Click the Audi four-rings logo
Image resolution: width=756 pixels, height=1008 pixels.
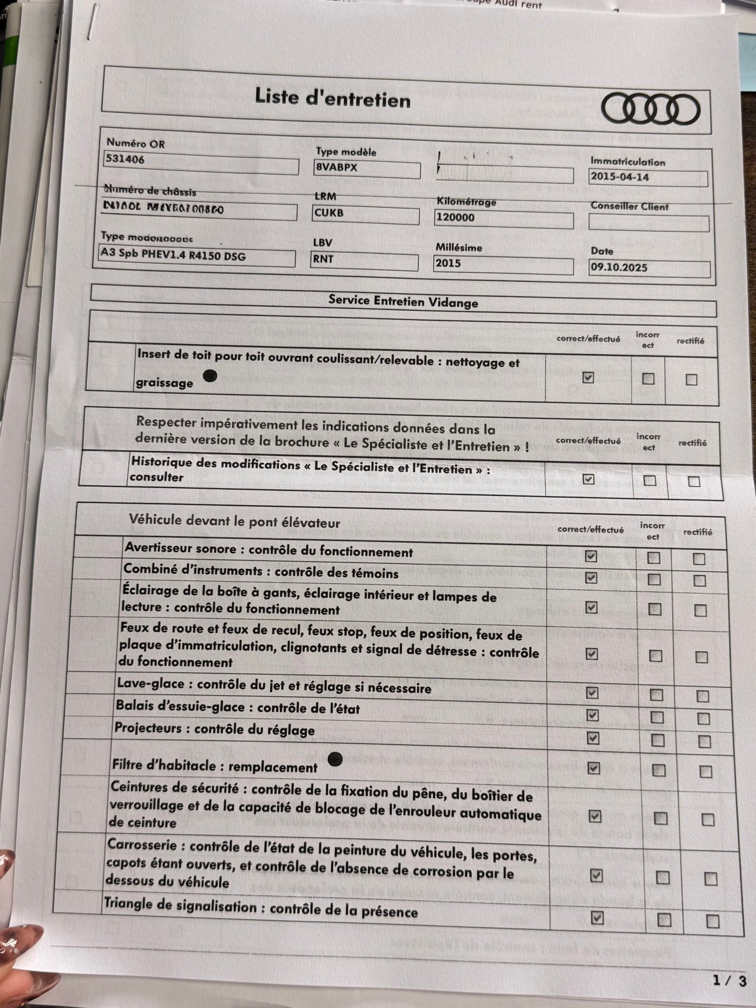tap(650, 110)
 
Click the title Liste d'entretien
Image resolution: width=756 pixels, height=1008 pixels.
tap(333, 98)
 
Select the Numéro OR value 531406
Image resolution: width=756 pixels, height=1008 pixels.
tap(124, 160)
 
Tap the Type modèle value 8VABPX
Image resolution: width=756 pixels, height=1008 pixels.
tap(336, 168)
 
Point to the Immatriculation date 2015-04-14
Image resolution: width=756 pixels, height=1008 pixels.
tap(619, 177)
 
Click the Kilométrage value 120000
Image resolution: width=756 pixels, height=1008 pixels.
tap(455, 217)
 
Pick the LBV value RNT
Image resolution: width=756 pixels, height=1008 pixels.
tap(323, 259)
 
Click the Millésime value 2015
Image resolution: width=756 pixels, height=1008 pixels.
tap(448, 263)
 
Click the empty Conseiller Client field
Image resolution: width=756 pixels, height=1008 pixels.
tap(648, 223)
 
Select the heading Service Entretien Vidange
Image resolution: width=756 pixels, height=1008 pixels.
tap(403, 302)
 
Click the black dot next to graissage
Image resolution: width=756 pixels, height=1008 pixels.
tap(210, 376)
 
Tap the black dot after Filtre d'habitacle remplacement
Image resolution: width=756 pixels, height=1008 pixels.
tap(335, 759)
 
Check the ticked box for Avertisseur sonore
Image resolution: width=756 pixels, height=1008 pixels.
tap(591, 556)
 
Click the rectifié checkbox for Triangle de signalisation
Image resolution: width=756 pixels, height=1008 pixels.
tap(713, 921)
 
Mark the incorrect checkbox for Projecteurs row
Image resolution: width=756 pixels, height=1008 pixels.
tap(657, 740)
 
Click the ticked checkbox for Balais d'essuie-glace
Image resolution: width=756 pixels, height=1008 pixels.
tap(592, 715)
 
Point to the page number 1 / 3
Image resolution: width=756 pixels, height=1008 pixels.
tap(729, 981)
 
